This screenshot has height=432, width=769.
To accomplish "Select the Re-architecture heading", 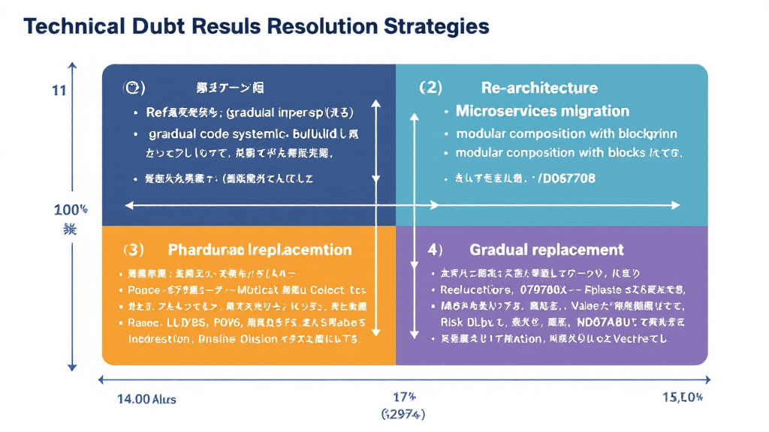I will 539,88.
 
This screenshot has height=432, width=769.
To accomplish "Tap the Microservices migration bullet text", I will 542,111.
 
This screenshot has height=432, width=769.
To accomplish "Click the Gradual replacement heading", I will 546,249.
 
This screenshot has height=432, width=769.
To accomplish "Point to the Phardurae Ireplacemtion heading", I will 260,249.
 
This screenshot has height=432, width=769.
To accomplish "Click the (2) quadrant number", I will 430,88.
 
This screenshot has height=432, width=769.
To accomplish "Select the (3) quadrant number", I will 134,249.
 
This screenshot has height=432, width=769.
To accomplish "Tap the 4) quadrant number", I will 435,249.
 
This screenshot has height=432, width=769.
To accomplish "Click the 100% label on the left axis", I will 71,209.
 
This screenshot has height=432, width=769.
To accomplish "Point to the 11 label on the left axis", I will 59,91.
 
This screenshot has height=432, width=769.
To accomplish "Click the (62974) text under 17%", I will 403,414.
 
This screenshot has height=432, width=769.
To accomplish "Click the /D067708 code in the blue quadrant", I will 565,178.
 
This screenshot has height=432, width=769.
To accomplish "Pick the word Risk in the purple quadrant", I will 453,321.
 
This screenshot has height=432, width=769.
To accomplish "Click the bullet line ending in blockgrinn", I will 566,133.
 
